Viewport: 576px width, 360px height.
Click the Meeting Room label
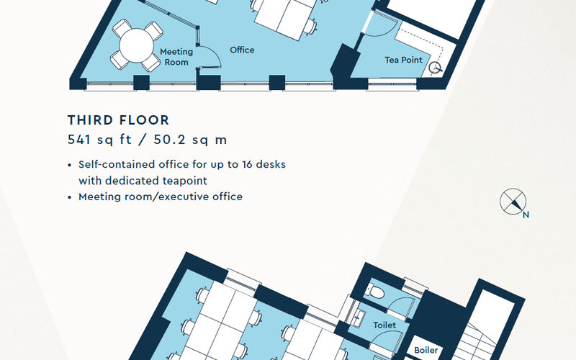(x=176, y=57)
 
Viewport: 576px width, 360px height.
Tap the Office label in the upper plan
(x=242, y=50)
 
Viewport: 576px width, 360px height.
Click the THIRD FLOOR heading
(x=118, y=120)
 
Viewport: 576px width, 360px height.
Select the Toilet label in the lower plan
(x=384, y=325)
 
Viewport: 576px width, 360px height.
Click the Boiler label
(x=426, y=351)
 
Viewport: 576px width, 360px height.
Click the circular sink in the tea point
(x=436, y=68)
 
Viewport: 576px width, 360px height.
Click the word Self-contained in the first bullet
(x=112, y=164)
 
